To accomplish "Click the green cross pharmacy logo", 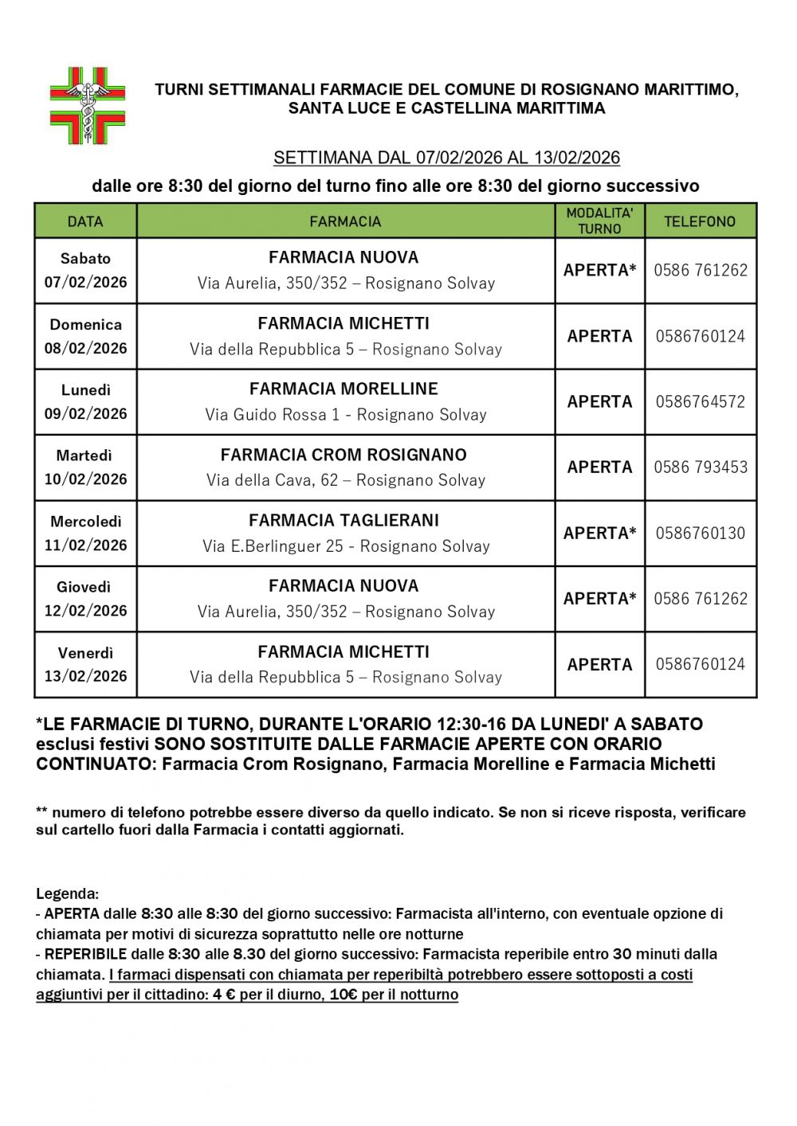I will (88, 106).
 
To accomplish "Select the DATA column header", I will (85, 221).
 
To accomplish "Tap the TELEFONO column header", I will (700, 221).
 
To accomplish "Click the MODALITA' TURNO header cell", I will (599, 221).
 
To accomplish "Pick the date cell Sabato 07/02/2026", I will (85, 270).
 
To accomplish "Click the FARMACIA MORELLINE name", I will (344, 389).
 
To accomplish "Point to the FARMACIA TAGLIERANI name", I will (344, 520).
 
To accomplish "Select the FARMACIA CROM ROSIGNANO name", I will (344, 455).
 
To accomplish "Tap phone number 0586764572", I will (700, 401).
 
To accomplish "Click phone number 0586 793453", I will (700, 467).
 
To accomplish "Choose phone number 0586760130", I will (700, 533).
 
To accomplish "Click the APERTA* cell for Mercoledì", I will (599, 533).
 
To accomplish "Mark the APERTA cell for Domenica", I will (599, 336).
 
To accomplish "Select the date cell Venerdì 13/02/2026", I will (85, 664).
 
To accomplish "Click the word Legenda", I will (67, 893).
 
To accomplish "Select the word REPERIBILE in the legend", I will (85, 954).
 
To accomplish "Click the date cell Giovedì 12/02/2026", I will (85, 599).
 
